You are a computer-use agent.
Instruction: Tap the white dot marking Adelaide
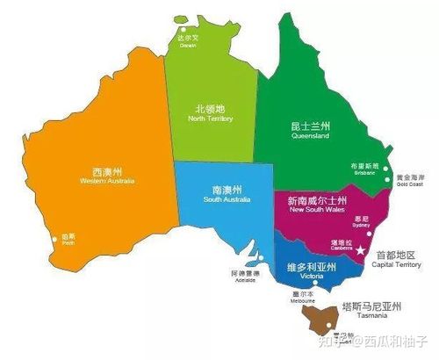[x=261, y=258]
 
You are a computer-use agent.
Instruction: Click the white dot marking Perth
[x=58, y=236]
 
